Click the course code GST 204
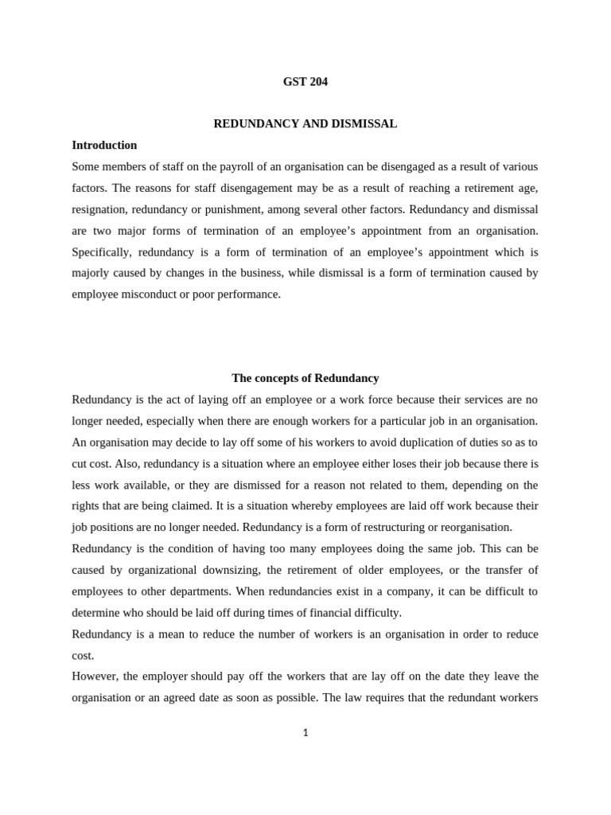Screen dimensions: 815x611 tap(305, 81)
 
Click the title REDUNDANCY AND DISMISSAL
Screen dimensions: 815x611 tap(305, 124)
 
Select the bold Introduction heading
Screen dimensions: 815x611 tap(104, 146)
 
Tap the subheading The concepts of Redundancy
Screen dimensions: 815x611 tap(305, 378)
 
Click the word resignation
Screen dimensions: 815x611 tap(100, 209)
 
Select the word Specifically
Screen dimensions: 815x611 tap(101, 252)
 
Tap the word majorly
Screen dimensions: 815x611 tap(91, 273)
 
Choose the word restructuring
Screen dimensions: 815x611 tap(379, 527)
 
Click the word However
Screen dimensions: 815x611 tap(94, 677)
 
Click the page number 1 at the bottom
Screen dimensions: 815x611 tap(305, 733)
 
